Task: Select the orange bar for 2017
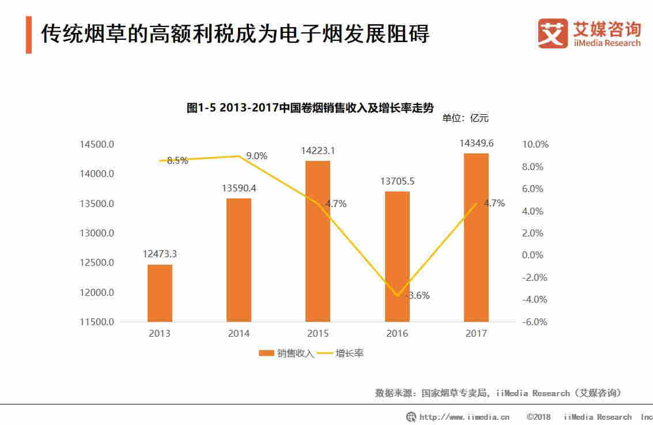(x=476, y=238)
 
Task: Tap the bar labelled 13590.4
(x=239, y=260)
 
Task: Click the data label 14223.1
(x=318, y=151)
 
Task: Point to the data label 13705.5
(x=397, y=180)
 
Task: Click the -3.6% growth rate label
(x=417, y=296)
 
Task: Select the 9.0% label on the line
(x=256, y=156)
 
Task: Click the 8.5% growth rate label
(x=178, y=161)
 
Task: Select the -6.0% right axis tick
(x=534, y=322)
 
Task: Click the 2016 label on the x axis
(x=397, y=333)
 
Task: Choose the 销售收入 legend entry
(x=286, y=353)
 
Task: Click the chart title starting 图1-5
(x=309, y=108)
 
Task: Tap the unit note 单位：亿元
(x=465, y=118)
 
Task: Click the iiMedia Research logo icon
(x=552, y=33)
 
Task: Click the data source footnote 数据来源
(x=499, y=393)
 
